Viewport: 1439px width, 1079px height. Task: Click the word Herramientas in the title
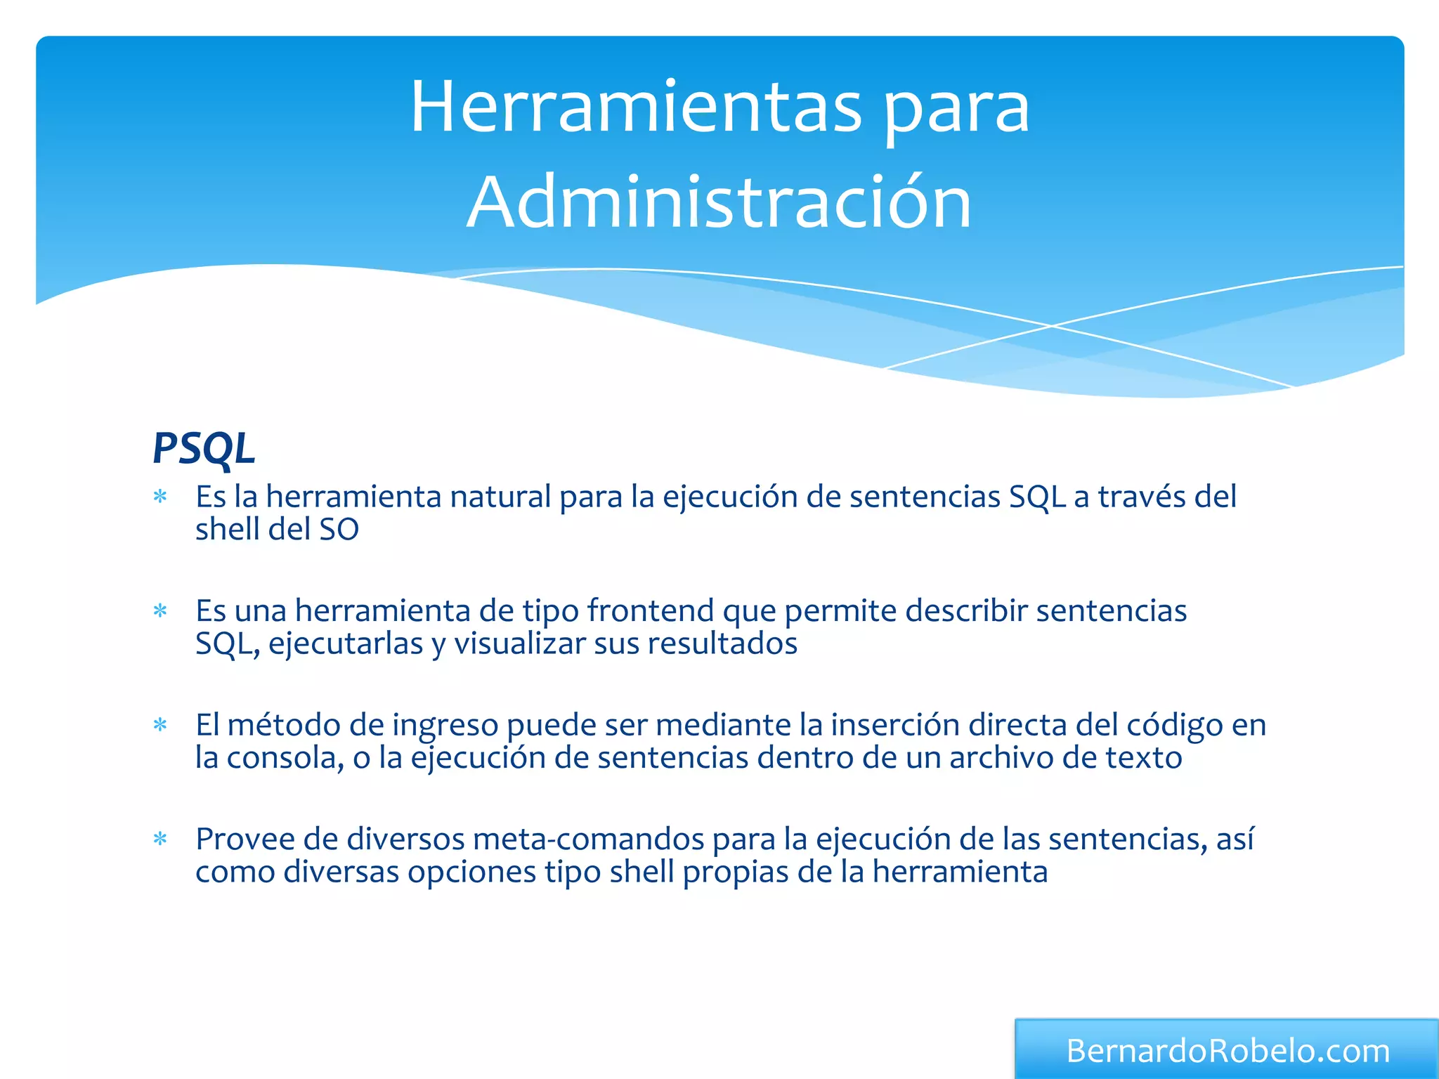[636, 107]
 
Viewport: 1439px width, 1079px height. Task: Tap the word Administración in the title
[719, 202]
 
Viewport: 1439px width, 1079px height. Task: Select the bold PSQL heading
[204, 448]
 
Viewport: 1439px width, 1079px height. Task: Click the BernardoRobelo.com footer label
[1228, 1051]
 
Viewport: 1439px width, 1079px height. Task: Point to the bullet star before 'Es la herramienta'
[161, 497]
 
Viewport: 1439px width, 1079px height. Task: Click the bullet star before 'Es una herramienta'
[161, 611]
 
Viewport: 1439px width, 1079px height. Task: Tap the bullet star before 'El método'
[161, 725]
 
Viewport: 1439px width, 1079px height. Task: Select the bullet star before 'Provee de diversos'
[161, 839]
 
